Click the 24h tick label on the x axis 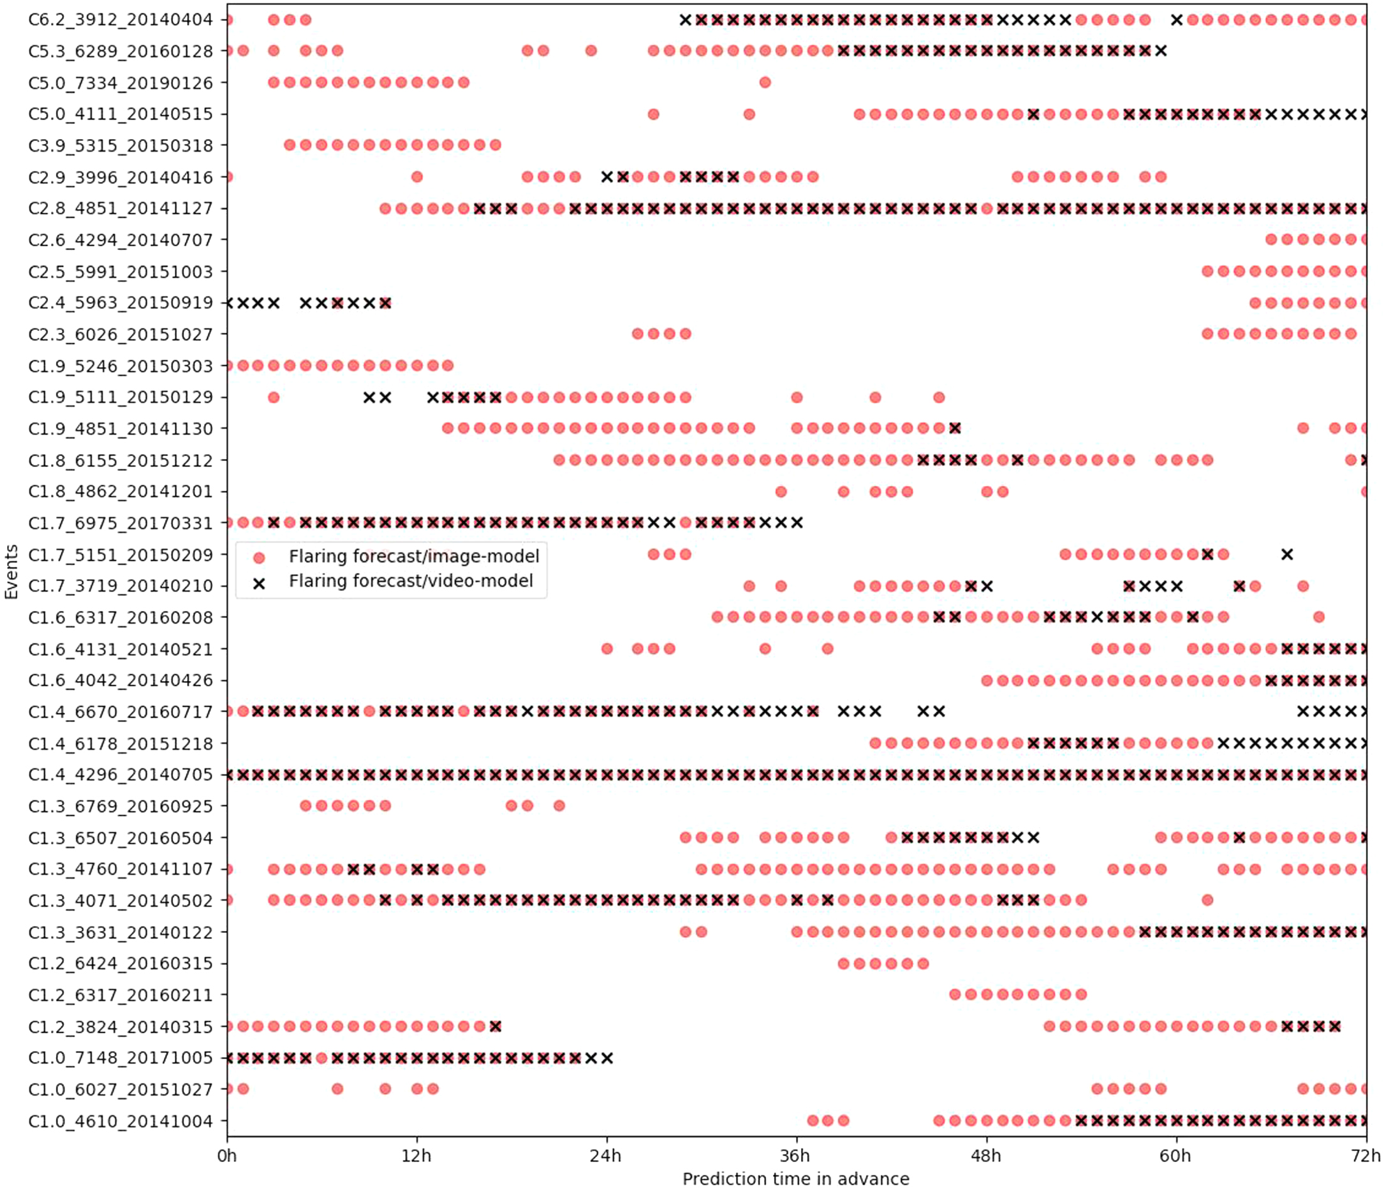click(606, 1155)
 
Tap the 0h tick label click(227, 1155)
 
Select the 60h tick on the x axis click(1175, 1155)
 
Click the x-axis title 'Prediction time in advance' click(795, 1178)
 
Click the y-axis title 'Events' click(11, 571)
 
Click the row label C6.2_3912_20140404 click(121, 20)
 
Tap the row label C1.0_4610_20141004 click(121, 1121)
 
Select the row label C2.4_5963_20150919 click(121, 303)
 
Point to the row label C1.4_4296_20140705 click(121, 775)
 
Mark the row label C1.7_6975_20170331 click(121, 523)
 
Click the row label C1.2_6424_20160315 click(121, 964)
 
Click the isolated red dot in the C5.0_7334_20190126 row click(765, 83)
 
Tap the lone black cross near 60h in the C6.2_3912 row click(1176, 20)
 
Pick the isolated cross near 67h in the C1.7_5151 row click(1287, 554)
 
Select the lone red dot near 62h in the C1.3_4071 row click(1207, 900)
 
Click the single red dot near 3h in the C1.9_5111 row click(273, 397)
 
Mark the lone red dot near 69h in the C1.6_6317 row click(1318, 617)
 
